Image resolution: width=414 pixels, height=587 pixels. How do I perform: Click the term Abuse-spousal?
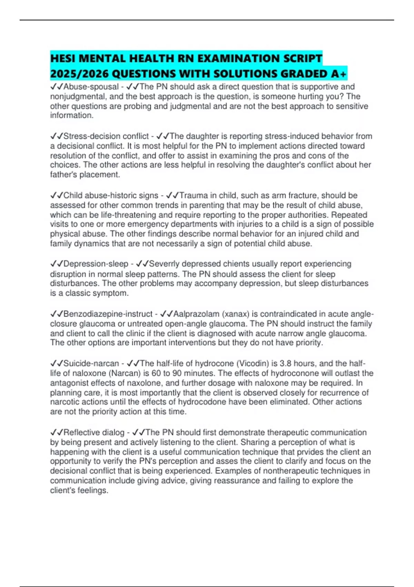click(x=91, y=87)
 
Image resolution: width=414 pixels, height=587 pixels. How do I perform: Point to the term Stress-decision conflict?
click(x=106, y=136)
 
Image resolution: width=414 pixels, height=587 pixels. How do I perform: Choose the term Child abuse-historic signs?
click(x=111, y=195)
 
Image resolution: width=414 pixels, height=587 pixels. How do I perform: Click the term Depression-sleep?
click(x=96, y=264)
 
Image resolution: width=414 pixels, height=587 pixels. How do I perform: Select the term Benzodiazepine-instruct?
click(x=108, y=314)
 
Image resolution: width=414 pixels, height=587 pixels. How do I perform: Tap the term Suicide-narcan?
click(x=91, y=363)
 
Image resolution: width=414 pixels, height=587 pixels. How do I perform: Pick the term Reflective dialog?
click(x=94, y=432)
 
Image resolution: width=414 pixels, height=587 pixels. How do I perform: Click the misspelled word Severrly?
click(x=164, y=264)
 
